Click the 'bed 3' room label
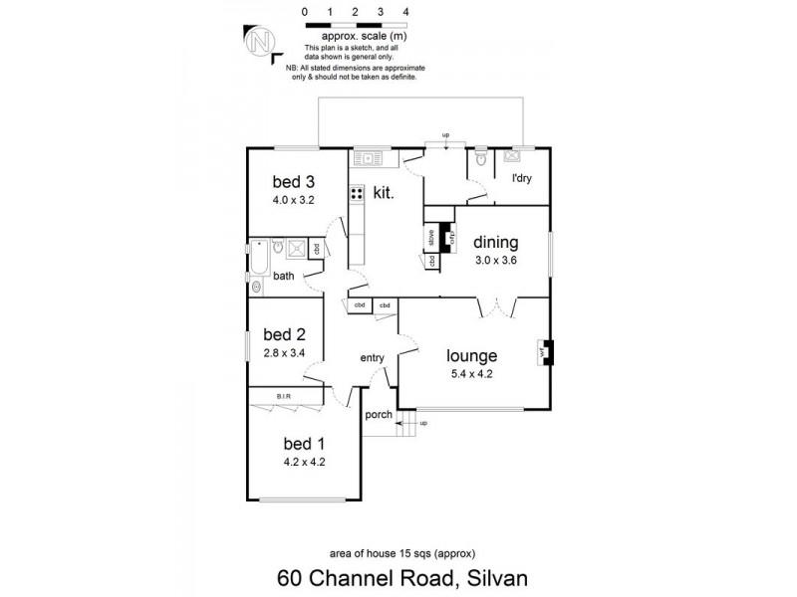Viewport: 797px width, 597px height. [294, 182]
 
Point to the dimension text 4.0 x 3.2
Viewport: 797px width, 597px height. [294, 199]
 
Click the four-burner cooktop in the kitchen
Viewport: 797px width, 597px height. [355, 194]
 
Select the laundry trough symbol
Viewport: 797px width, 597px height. [515, 155]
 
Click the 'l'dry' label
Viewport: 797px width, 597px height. [521, 179]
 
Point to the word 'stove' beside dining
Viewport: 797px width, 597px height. [432, 239]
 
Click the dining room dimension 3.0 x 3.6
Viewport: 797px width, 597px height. [495, 261]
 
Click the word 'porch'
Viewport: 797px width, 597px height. [380, 415]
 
